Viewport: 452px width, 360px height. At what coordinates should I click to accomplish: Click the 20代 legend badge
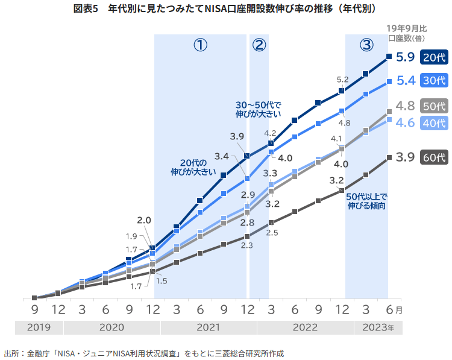pyautogui.click(x=434, y=57)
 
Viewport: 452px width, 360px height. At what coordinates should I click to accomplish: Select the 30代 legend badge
pyautogui.click(x=434, y=80)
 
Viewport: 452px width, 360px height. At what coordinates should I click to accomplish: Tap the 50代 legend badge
pyautogui.click(x=434, y=106)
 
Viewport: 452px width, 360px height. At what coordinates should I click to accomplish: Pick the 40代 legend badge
pyautogui.click(x=434, y=122)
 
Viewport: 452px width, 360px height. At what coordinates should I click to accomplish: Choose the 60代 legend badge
pyautogui.click(x=434, y=157)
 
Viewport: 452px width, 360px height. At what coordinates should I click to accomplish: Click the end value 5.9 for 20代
pyautogui.click(x=405, y=57)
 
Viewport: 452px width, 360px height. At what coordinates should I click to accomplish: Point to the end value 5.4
pyautogui.click(x=405, y=80)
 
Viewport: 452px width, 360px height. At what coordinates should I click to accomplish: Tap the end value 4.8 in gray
pyautogui.click(x=405, y=106)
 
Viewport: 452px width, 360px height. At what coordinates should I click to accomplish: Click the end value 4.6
pyautogui.click(x=405, y=122)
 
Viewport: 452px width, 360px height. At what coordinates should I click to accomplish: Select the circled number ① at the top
pyautogui.click(x=200, y=45)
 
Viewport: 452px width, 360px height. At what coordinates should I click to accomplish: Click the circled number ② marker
pyautogui.click(x=259, y=45)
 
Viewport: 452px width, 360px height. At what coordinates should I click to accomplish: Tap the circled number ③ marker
pyautogui.click(x=366, y=45)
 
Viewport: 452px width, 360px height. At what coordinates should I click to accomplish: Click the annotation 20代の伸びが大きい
pyautogui.click(x=193, y=167)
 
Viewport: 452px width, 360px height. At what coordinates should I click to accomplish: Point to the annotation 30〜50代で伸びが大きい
pyautogui.click(x=258, y=108)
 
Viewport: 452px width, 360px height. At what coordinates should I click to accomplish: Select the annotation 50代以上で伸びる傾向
pyautogui.click(x=366, y=201)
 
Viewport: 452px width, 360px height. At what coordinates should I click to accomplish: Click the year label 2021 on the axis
pyautogui.click(x=208, y=327)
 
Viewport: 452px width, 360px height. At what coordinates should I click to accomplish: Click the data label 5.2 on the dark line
pyautogui.click(x=343, y=79)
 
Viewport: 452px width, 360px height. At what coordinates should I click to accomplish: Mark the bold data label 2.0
pyautogui.click(x=143, y=220)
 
